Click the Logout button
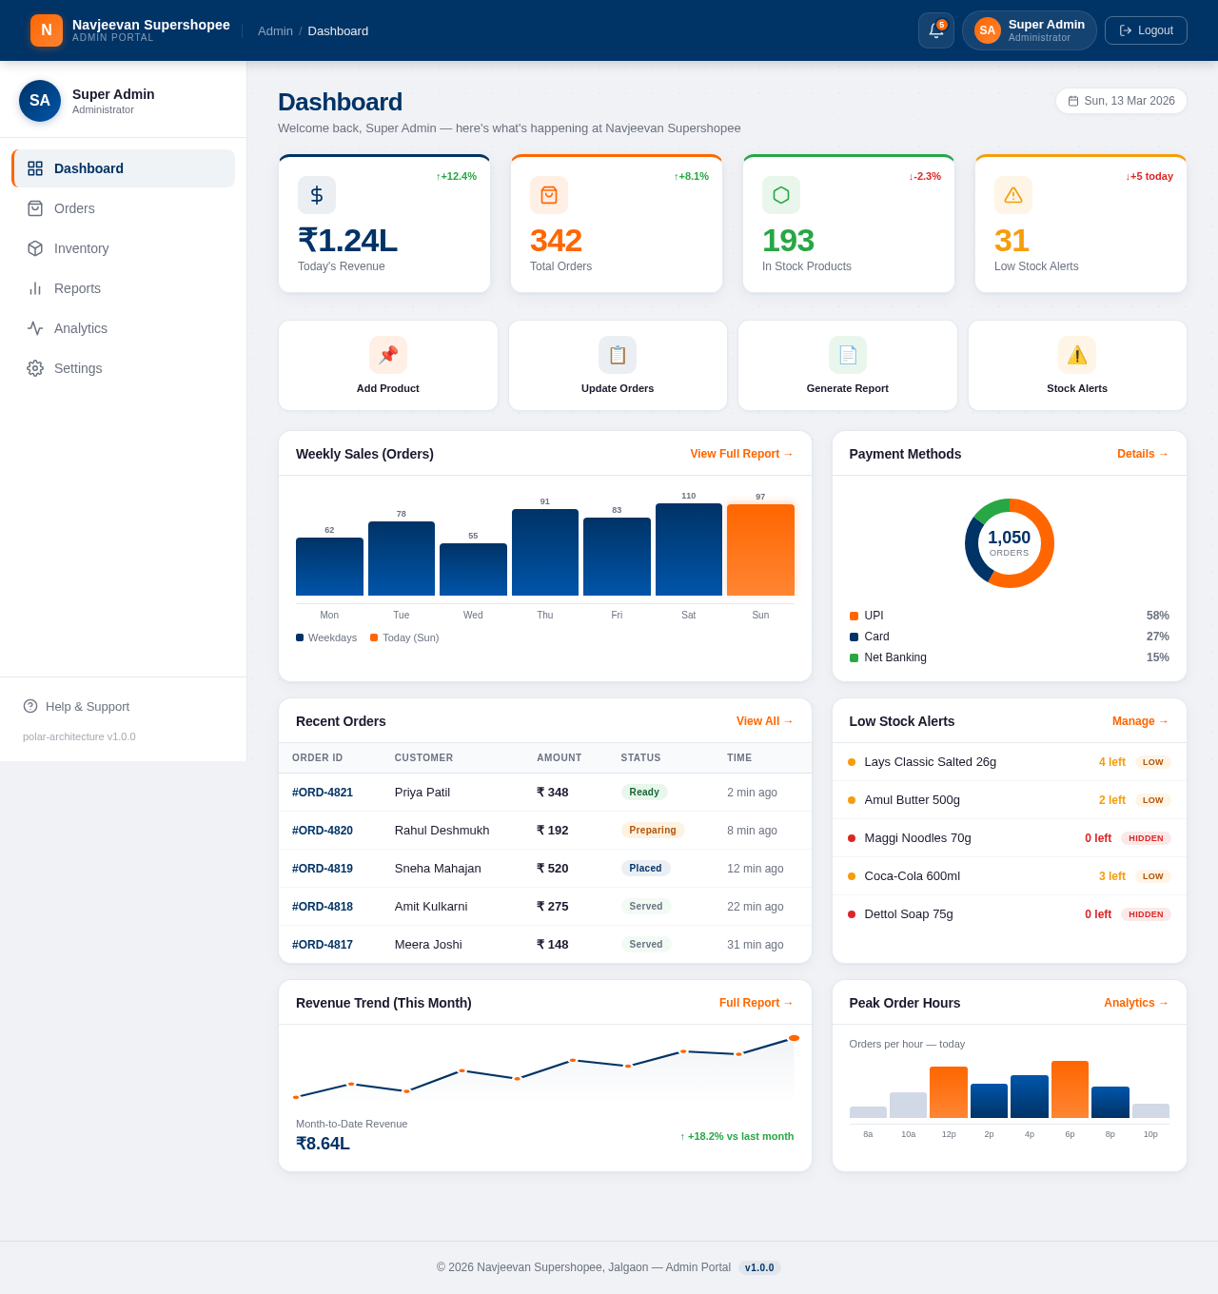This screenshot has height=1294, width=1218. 1146,30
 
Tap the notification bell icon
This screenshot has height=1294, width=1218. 935,30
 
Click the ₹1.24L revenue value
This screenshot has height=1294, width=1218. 347,241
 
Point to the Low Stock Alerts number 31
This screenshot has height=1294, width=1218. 1012,241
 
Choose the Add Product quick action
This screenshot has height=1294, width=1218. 387,365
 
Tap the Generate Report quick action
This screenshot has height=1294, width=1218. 847,365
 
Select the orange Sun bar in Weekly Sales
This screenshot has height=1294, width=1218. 760,550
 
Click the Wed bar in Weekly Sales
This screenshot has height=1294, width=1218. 473,569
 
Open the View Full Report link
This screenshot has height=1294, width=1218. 741,454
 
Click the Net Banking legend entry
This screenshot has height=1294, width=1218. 894,657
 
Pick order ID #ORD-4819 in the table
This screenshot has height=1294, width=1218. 323,869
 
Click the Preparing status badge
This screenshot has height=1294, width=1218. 652,830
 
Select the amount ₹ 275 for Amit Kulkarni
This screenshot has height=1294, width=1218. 552,907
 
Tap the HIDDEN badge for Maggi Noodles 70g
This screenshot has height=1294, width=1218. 1146,838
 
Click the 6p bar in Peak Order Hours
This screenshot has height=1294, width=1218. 1070,1089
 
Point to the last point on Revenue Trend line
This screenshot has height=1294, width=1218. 794,1038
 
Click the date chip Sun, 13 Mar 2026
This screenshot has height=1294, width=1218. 1121,101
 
